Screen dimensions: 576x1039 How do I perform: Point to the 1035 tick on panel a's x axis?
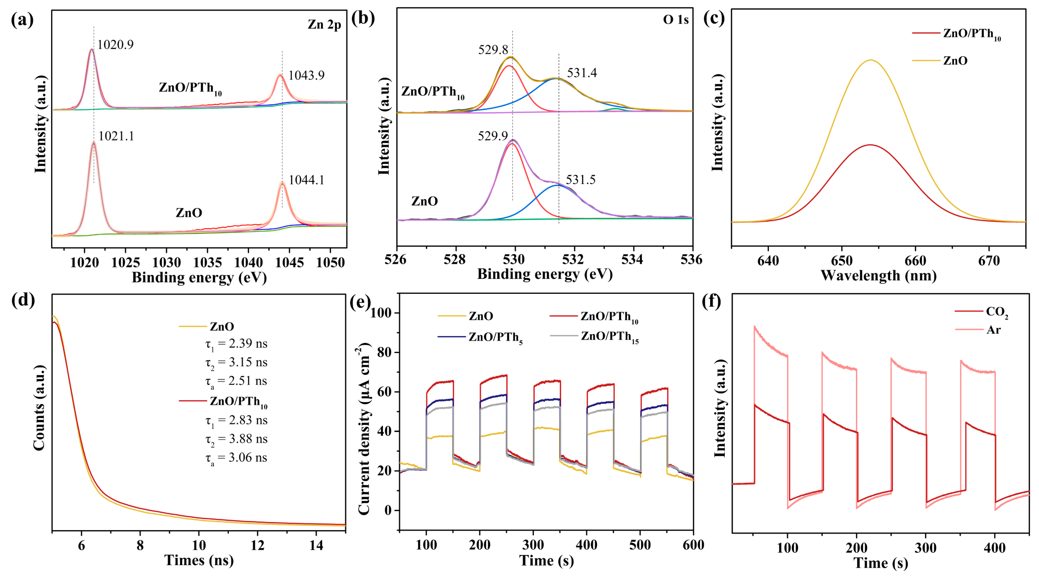pos(207,262)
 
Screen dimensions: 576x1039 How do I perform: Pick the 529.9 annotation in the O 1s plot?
pos(493,136)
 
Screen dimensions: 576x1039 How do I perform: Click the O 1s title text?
pos(675,20)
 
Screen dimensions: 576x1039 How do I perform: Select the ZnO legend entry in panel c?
pos(955,61)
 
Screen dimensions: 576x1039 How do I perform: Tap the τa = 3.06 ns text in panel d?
pos(236,458)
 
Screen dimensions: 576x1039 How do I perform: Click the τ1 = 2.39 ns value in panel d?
pos(236,344)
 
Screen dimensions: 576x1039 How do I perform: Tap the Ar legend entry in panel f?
pos(993,330)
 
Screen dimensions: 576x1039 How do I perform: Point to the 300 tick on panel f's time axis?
pos(925,548)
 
